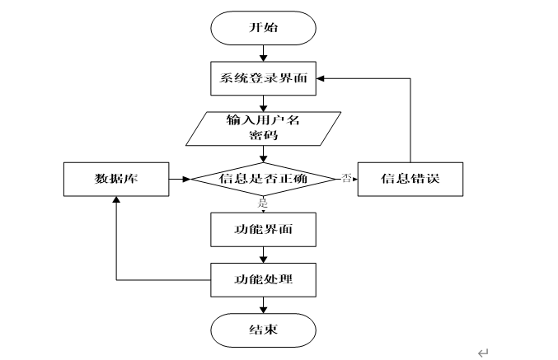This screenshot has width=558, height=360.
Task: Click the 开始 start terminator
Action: point(264,28)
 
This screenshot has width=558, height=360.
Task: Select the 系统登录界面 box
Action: point(264,78)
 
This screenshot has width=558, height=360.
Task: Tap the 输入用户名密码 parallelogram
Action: point(264,129)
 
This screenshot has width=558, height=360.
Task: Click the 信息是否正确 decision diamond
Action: point(264,179)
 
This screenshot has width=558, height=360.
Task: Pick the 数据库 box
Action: point(116,180)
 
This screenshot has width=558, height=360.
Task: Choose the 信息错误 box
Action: point(410,180)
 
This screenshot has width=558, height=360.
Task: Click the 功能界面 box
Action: point(264,230)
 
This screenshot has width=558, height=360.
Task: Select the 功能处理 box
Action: point(264,280)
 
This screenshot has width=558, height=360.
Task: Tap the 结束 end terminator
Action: point(264,330)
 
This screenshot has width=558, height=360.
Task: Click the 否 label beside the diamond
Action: point(347,177)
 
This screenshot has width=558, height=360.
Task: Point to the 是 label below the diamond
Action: point(263,203)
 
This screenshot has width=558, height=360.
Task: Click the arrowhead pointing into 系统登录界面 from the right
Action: point(320,78)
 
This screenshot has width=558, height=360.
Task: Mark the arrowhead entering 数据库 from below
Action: point(116,199)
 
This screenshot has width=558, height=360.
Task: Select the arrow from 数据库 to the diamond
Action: point(180,180)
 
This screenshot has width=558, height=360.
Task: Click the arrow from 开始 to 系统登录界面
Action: point(264,54)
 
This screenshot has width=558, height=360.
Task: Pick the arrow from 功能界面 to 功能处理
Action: point(264,255)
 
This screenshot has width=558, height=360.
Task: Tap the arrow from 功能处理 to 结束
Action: point(264,305)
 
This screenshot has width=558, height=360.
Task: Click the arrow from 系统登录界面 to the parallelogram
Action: point(264,104)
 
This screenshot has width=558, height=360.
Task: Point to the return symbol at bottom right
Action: point(483,353)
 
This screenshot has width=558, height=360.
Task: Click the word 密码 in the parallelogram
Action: point(264,136)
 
